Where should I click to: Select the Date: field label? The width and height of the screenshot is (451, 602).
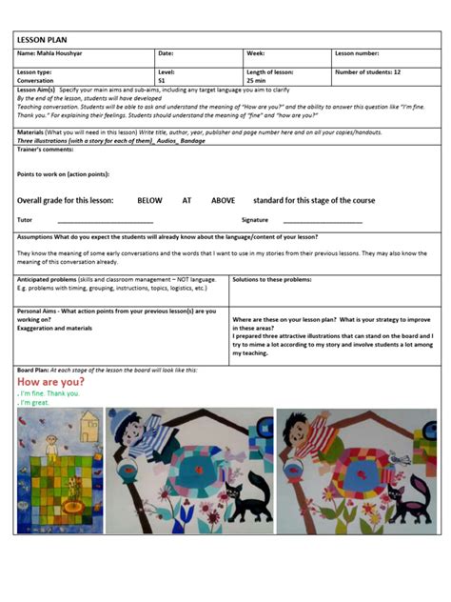[166, 53]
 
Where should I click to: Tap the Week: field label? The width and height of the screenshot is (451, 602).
[255, 53]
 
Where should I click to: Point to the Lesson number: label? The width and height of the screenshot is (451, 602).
[357, 53]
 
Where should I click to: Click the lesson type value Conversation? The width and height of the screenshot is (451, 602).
[35, 81]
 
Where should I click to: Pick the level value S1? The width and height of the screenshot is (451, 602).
[162, 81]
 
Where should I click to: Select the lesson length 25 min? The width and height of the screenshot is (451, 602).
[258, 81]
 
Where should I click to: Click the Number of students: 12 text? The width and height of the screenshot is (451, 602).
[367, 72]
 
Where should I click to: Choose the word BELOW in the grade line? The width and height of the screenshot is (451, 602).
[149, 201]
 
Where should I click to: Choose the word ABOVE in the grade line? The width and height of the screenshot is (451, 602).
[223, 201]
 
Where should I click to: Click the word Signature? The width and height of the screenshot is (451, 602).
[255, 220]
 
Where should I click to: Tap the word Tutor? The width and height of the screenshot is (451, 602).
[25, 220]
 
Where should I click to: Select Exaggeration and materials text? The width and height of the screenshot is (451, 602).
[54, 328]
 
